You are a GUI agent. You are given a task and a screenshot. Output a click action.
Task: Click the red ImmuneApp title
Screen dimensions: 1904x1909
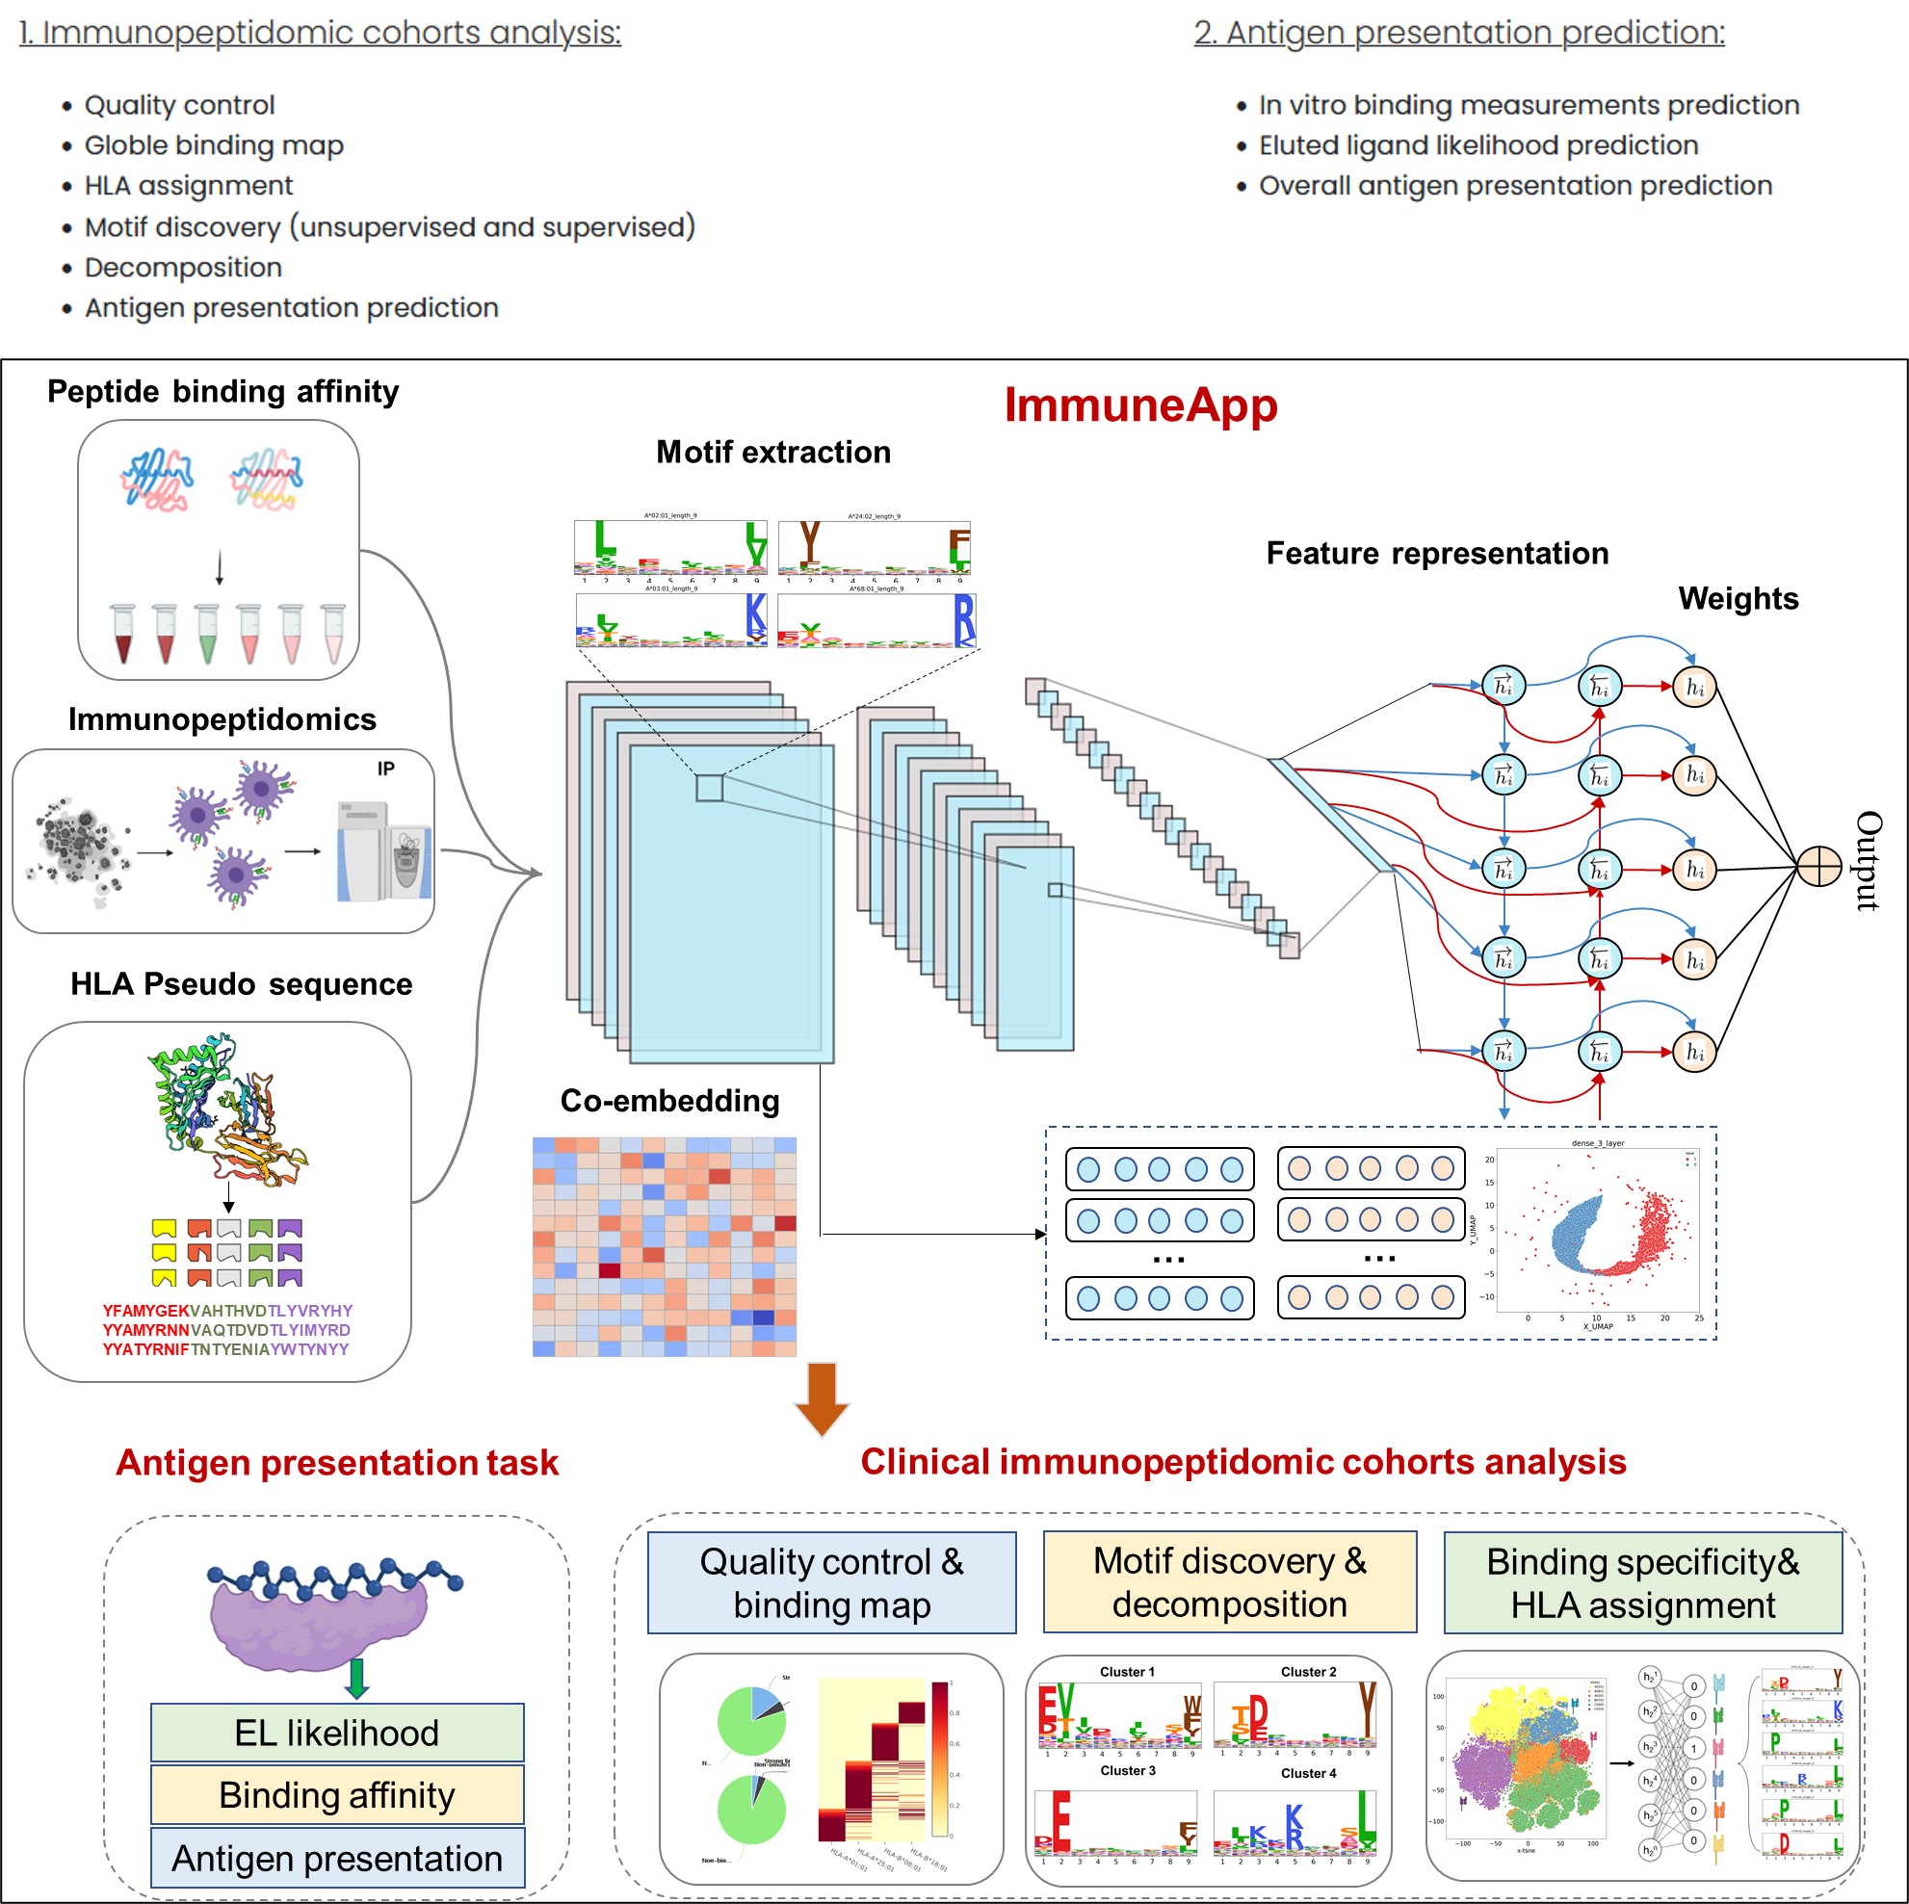tap(1140, 405)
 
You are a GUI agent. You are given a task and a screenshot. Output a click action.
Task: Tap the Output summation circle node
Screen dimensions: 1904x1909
tap(1818, 867)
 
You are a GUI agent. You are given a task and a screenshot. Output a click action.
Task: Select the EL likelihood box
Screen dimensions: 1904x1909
tap(337, 1732)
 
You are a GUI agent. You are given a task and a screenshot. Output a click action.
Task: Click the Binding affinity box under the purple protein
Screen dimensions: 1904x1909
tap(337, 1794)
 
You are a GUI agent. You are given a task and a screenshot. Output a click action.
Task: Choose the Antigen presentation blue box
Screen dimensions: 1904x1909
tap(337, 1858)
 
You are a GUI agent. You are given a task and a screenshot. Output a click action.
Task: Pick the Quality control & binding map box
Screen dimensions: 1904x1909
tap(831, 1582)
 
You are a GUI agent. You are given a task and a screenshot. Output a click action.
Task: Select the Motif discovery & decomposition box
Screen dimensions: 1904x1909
tap(1229, 1581)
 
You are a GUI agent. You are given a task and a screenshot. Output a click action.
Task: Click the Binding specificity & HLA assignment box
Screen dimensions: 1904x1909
tap(1642, 1582)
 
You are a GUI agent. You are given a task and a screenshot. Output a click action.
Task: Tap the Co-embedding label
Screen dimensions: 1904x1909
tap(670, 1101)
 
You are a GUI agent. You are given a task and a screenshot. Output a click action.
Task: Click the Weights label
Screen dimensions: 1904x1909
tap(1739, 599)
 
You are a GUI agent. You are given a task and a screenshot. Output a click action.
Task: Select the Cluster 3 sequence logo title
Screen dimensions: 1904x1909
tap(1128, 1769)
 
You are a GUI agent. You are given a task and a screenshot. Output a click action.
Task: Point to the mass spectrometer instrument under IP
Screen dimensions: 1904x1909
tap(383, 850)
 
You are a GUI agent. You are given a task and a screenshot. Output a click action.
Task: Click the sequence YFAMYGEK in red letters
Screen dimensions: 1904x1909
tap(145, 1310)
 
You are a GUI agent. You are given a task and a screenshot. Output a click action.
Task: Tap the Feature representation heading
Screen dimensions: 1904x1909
tap(1437, 554)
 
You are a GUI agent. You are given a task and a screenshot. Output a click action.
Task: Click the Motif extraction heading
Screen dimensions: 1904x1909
tap(773, 453)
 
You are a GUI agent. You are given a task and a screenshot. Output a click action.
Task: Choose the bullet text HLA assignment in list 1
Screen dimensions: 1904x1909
tap(189, 186)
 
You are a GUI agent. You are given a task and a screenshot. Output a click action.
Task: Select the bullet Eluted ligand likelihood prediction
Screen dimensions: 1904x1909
tap(1478, 145)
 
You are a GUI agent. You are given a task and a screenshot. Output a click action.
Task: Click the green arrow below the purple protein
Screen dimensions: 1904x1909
tap(356, 1678)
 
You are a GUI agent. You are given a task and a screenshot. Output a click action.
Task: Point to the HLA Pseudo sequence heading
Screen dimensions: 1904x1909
tap(241, 984)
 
